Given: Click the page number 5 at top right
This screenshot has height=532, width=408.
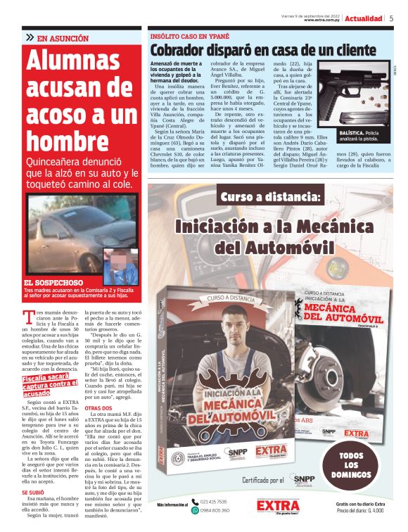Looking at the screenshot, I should pyautogui.click(x=391, y=18).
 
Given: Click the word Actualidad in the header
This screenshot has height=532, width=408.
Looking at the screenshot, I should pyautogui.click(x=364, y=18).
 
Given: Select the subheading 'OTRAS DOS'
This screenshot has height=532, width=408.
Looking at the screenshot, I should pyautogui.click(x=98, y=408).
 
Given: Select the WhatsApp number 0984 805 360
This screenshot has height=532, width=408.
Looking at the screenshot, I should pyautogui.click(x=214, y=510).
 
